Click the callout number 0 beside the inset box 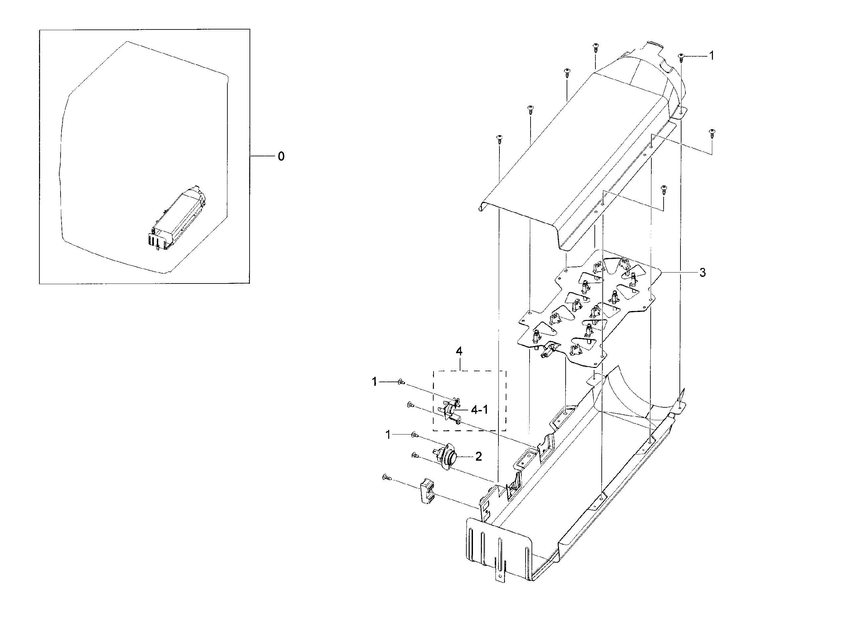(281, 157)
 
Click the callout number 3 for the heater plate (703, 273)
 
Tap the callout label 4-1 (479, 410)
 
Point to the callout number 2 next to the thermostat (478, 456)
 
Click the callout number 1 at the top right (711, 56)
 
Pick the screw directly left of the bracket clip (387, 477)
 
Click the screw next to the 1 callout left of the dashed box (401, 382)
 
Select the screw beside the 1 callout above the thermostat (414, 435)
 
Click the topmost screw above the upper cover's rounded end (595, 47)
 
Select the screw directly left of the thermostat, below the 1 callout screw (414, 455)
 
